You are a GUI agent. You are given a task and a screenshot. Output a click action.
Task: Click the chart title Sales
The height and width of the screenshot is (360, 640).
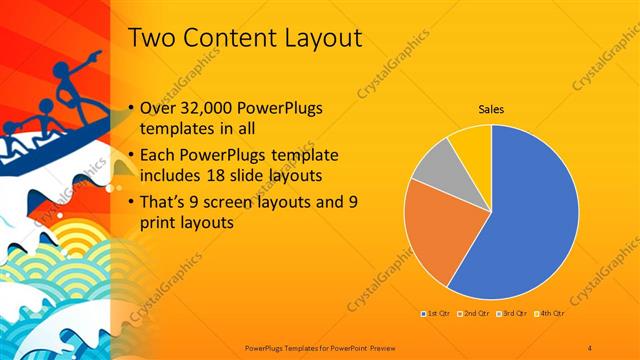(x=491, y=109)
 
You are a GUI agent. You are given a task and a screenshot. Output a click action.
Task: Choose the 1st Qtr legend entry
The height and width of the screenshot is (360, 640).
(x=437, y=315)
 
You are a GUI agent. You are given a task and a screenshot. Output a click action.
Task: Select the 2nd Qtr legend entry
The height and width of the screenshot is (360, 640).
(x=475, y=315)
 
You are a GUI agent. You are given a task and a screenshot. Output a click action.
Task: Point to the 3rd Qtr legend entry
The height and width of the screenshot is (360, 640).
(x=512, y=315)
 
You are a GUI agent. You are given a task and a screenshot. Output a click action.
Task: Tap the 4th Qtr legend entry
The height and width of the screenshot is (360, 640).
(x=551, y=315)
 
